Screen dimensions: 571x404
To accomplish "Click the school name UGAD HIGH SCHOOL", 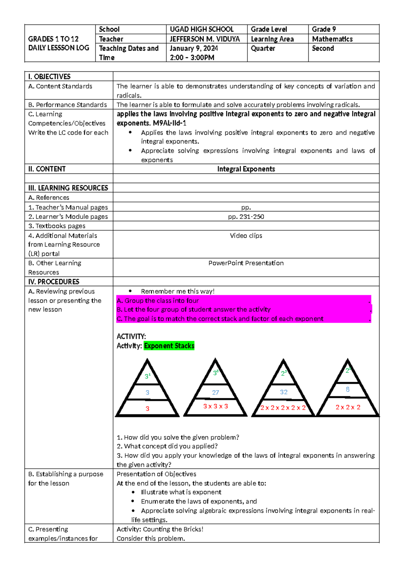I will [x=201, y=29].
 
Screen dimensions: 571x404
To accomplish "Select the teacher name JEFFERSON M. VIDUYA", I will [x=205, y=39].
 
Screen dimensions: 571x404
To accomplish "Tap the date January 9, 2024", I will [x=194, y=48].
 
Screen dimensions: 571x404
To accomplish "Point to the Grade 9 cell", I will [x=324, y=29].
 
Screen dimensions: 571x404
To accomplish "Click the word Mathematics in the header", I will [x=332, y=39].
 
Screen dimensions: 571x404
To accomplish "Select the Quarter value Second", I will [x=323, y=48].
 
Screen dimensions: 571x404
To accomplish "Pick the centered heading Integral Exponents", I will [x=246, y=169].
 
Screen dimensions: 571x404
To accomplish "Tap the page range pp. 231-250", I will [x=246, y=217].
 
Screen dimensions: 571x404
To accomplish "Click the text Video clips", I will [x=246, y=236].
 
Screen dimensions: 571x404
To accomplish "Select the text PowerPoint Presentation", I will [x=246, y=263].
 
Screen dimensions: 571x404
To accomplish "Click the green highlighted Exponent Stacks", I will [x=169, y=346].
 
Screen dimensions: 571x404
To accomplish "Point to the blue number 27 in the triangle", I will [x=215, y=393].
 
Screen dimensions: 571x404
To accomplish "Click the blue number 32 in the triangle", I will [x=283, y=392].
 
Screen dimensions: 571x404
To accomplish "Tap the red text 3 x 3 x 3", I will [x=215, y=406].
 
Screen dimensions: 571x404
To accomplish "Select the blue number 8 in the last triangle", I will [x=347, y=390].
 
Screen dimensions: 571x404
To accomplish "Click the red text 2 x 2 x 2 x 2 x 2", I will [x=283, y=408].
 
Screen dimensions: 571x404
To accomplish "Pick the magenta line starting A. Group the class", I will [x=158, y=301].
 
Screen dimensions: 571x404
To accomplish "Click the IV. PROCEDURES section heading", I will [x=54, y=282].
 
